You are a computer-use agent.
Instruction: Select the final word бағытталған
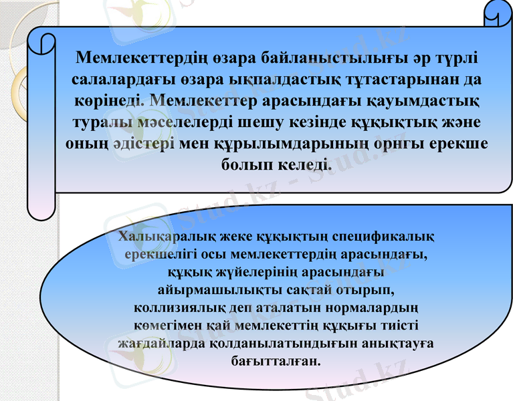[274, 362]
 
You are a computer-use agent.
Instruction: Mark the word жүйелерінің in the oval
[249, 273]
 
